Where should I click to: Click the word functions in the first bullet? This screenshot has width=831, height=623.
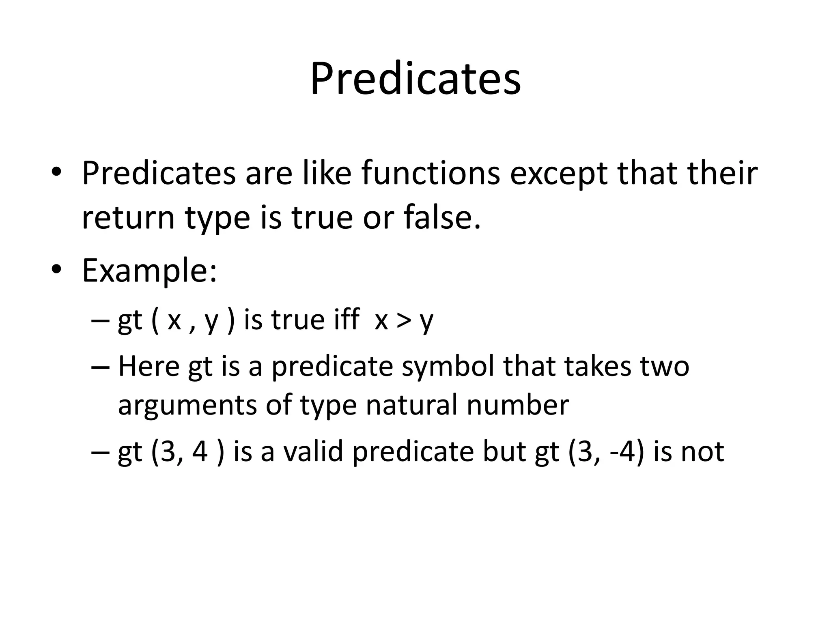pos(431,173)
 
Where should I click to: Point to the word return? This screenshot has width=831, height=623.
pos(128,218)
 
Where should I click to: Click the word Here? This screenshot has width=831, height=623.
pos(149,366)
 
